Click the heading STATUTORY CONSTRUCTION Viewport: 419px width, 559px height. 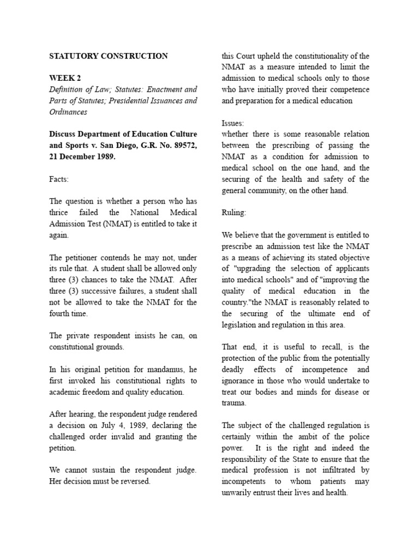pos(109,56)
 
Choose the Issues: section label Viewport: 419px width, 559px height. pos(233,123)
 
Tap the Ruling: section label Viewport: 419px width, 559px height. pos(234,213)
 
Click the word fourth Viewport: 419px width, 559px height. pos(62,313)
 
